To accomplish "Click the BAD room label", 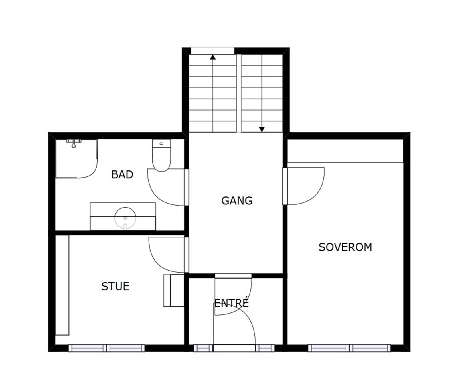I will [122, 174].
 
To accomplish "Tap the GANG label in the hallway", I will [237, 201].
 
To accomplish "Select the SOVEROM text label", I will [345, 247].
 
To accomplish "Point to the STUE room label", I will [115, 286].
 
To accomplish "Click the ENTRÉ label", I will [232, 303].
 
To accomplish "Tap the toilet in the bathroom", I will [161, 159].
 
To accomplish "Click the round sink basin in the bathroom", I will [125, 218].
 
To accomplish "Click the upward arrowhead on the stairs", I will [213, 57].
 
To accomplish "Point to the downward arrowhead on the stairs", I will [262, 129].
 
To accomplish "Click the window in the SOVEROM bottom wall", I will [349, 348].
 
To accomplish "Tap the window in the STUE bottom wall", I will [106, 348].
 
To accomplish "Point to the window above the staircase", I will [212, 51].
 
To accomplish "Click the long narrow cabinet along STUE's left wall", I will [62, 285].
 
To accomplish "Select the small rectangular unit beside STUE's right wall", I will [173, 290].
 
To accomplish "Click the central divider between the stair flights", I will [239, 93].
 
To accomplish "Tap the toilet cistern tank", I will [161, 143].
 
